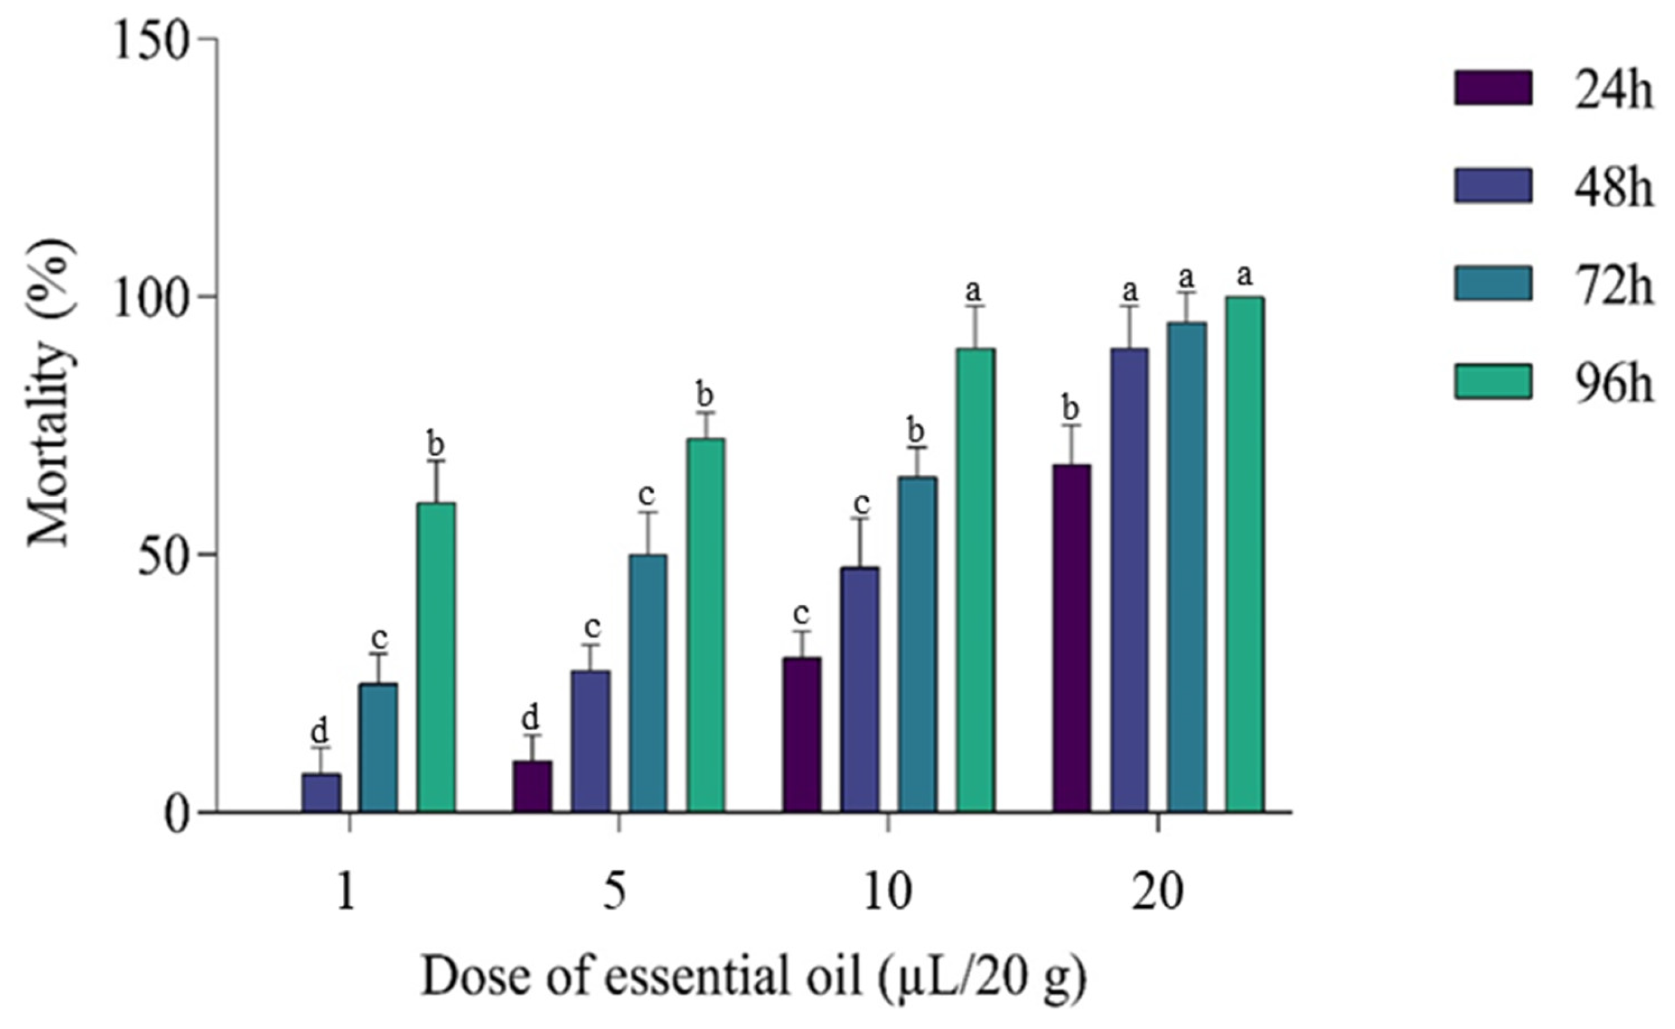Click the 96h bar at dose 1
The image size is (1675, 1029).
436,657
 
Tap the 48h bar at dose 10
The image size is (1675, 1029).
859,689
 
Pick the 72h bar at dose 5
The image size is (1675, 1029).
647,683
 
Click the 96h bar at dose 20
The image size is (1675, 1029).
1244,554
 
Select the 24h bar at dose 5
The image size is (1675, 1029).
533,786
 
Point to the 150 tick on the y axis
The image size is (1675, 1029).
208,39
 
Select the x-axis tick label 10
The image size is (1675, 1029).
887,893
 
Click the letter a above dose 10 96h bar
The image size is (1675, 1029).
974,291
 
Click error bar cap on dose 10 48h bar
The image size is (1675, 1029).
860,519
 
